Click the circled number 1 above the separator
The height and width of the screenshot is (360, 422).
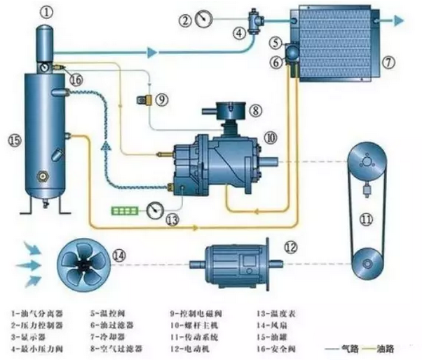[x=46, y=12]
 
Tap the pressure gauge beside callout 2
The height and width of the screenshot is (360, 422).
[x=204, y=18]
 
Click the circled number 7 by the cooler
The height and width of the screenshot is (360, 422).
[x=390, y=62]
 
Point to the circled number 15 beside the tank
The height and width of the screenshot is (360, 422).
[x=13, y=140]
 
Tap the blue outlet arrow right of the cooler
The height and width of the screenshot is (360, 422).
[x=400, y=20]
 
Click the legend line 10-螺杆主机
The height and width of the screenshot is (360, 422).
[x=194, y=324]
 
